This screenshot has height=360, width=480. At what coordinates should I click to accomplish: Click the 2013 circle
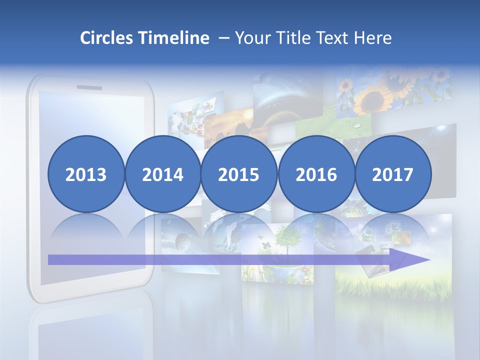tap(86, 174)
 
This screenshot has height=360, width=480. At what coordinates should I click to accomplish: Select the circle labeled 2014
tap(163, 174)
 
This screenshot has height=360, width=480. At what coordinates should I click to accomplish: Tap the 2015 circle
tap(239, 174)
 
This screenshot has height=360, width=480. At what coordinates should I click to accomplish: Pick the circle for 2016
tap(316, 174)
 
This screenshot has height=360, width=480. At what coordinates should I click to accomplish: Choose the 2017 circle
tap(393, 174)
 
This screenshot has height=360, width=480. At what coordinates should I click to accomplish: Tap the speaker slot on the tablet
tap(89, 88)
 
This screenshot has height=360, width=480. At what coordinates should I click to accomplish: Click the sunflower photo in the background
tap(380, 95)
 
